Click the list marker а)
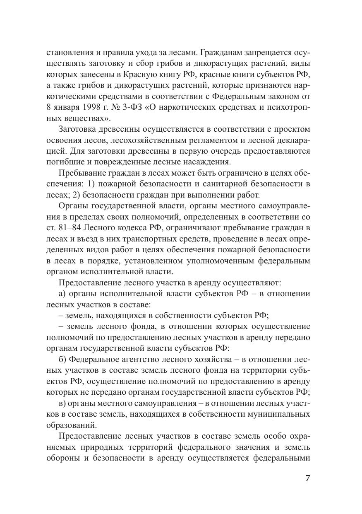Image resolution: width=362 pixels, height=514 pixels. [63, 294]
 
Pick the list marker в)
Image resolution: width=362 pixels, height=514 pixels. [63, 403]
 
